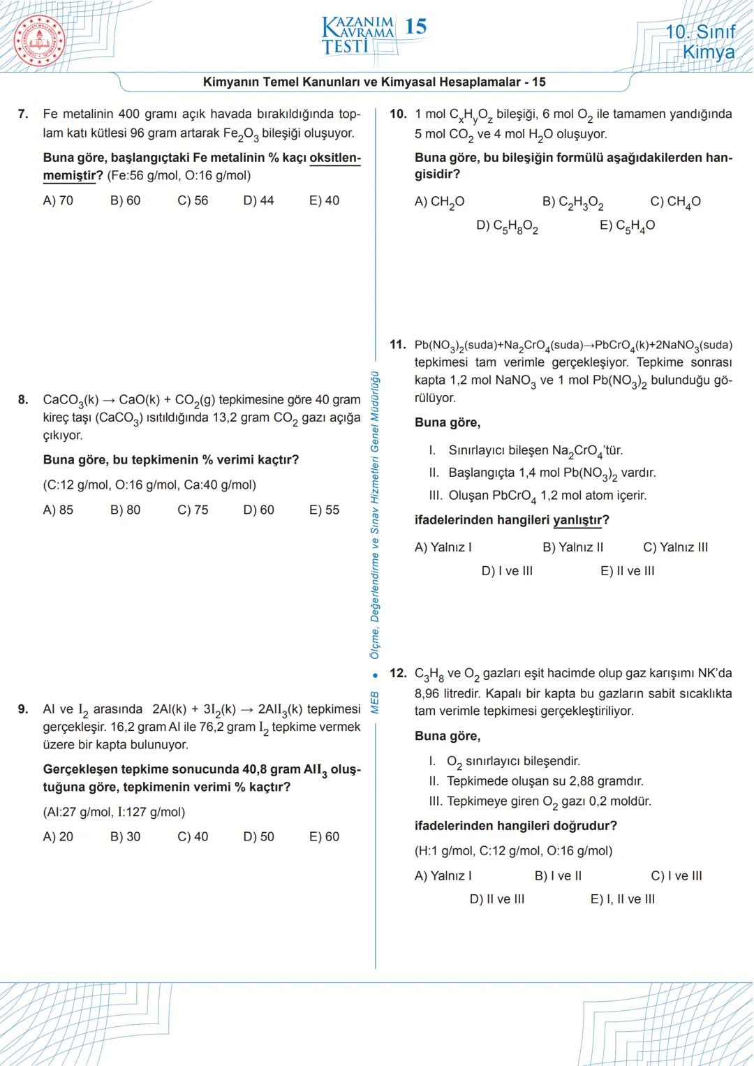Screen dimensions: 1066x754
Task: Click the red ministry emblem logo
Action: tap(39, 39)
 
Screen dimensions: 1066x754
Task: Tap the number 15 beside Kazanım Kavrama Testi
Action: tap(415, 27)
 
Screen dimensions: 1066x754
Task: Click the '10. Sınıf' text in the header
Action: tap(700, 32)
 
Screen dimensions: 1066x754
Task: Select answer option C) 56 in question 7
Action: tap(193, 200)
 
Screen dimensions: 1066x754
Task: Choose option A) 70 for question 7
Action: tap(58, 200)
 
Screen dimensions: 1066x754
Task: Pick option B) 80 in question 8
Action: tap(125, 510)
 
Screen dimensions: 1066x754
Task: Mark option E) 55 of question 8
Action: tap(324, 510)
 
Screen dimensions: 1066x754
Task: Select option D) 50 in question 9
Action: tap(258, 836)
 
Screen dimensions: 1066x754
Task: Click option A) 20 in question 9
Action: tap(58, 836)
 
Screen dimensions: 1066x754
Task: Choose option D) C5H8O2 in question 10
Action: tap(507, 226)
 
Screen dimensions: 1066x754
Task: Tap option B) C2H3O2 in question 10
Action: tap(572, 202)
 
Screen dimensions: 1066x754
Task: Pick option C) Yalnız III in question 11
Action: tap(675, 547)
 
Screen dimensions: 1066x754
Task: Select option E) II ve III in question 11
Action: tap(627, 571)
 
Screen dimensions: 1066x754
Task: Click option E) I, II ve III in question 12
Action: tap(622, 899)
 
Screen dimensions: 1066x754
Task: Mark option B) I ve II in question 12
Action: tap(558, 875)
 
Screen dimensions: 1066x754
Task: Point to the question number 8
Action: tap(23, 400)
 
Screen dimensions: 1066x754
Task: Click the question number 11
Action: tap(397, 344)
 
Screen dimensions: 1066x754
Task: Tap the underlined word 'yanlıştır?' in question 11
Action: tap(581, 520)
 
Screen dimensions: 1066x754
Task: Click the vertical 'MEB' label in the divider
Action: tap(375, 702)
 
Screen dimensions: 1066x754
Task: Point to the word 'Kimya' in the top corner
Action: tap(708, 52)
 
